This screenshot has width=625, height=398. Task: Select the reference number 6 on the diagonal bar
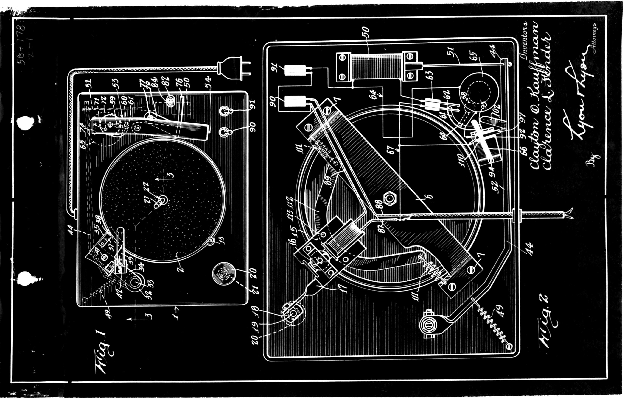[430, 196]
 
